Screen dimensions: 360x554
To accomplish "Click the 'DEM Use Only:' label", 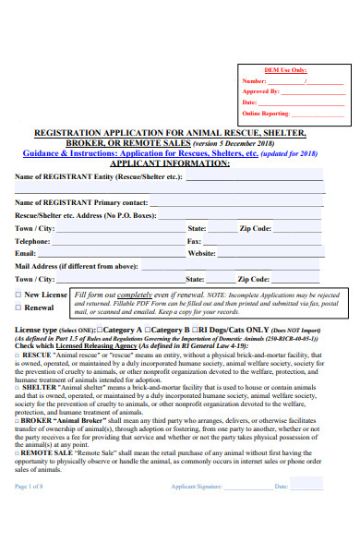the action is click(286, 70).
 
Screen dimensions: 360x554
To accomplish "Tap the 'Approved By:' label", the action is click(264, 92).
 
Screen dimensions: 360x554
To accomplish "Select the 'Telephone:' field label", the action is click(32, 240).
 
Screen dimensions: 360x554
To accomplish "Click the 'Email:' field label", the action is click(25, 253).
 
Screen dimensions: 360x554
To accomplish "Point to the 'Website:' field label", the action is click(201, 253).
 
